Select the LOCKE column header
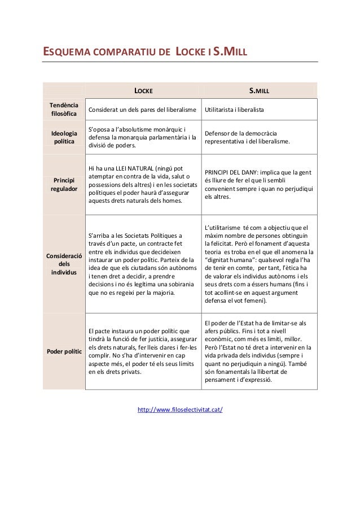point(143,90)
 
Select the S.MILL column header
point(260,90)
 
